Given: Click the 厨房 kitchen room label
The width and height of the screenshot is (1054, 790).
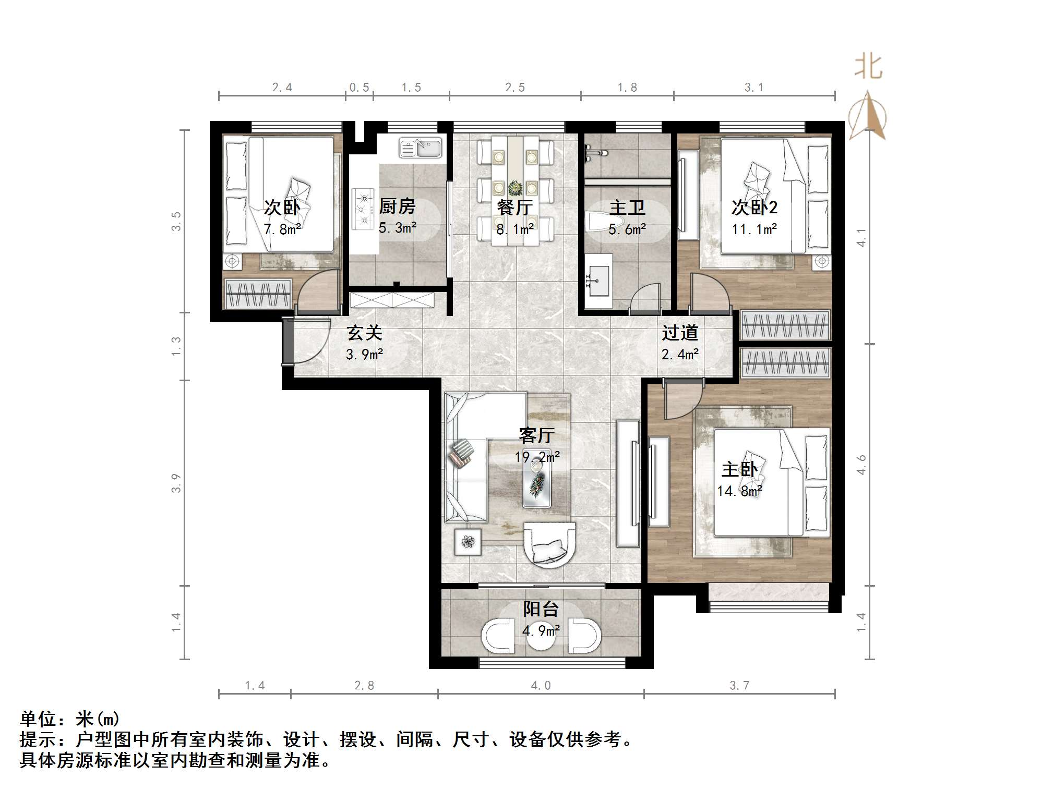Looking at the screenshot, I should (397, 206).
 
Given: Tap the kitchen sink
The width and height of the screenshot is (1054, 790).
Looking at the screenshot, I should (420, 148).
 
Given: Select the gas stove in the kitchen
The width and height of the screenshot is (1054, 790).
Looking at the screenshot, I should (363, 209).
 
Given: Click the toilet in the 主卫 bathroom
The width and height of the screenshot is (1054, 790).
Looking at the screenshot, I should (595, 224).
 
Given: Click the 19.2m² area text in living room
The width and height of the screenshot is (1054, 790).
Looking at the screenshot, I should (537, 457).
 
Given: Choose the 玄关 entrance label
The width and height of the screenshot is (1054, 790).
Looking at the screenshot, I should (365, 333).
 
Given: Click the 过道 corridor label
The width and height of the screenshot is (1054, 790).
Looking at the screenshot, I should (680, 333).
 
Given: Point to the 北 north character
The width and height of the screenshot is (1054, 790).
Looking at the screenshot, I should (868, 67).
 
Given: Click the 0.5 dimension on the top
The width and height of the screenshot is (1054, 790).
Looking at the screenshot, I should (359, 88).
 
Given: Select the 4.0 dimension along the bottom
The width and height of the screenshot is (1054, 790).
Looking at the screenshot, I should (541, 686).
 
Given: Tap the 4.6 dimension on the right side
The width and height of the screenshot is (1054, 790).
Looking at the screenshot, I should (861, 464).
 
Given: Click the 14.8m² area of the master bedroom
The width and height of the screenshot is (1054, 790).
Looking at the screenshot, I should (739, 491).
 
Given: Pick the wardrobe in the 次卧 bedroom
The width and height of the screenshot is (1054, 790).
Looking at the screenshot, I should (258, 294).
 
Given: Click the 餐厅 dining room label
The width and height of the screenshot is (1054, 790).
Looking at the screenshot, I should (514, 208).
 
